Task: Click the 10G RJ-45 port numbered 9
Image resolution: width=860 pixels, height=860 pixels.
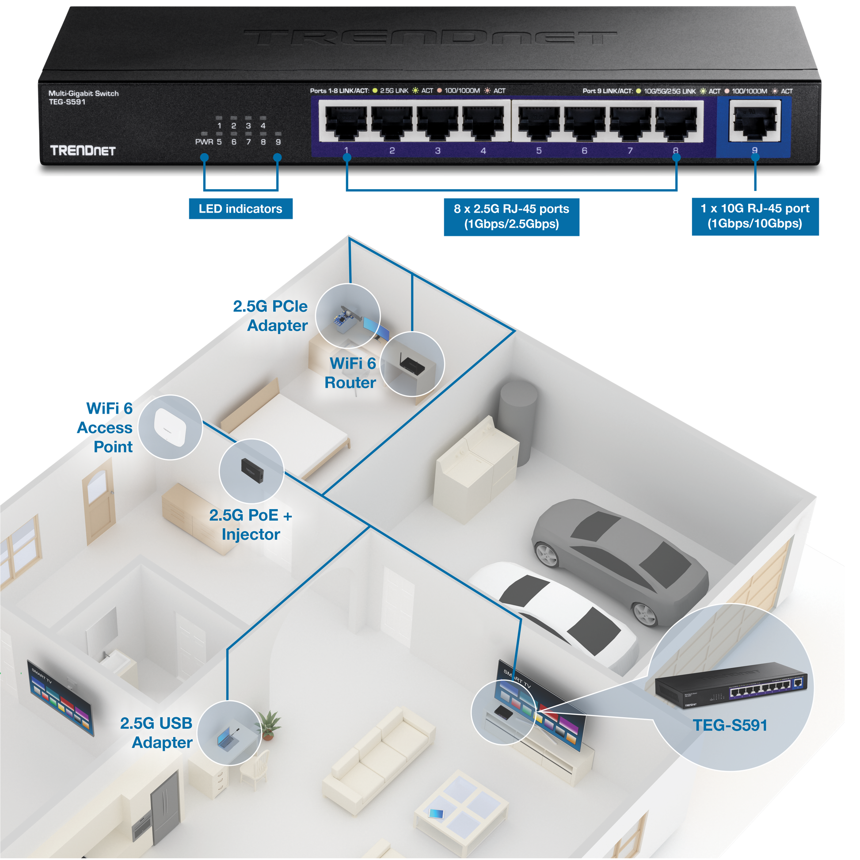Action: tap(754, 121)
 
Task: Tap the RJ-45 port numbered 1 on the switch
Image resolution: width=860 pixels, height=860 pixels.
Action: tap(346, 123)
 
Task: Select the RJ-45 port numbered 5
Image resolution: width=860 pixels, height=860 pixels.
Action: tap(539, 123)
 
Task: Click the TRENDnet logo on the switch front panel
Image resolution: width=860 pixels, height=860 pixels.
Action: tap(83, 150)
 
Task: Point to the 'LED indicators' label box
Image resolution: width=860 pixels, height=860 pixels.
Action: tap(240, 209)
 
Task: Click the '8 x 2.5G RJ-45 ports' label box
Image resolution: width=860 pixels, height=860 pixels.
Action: tap(511, 217)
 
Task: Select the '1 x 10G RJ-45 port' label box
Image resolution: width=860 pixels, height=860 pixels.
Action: tap(755, 217)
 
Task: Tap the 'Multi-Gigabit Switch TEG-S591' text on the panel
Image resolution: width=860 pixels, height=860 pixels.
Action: tap(83, 98)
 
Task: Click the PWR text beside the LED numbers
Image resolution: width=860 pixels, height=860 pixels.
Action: tap(204, 142)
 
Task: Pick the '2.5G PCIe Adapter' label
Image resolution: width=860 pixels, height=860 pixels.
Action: tap(271, 316)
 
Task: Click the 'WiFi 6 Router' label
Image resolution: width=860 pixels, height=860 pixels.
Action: tap(351, 373)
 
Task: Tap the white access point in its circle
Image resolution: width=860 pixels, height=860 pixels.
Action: tap(170, 426)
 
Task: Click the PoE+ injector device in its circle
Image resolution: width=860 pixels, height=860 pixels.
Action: tap(252, 470)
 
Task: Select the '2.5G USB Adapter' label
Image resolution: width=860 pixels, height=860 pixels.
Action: tap(157, 733)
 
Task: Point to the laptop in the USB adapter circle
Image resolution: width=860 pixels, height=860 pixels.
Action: tap(228, 740)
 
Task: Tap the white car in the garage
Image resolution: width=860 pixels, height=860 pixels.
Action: tap(556, 610)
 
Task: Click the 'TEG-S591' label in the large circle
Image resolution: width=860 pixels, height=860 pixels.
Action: tap(730, 725)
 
